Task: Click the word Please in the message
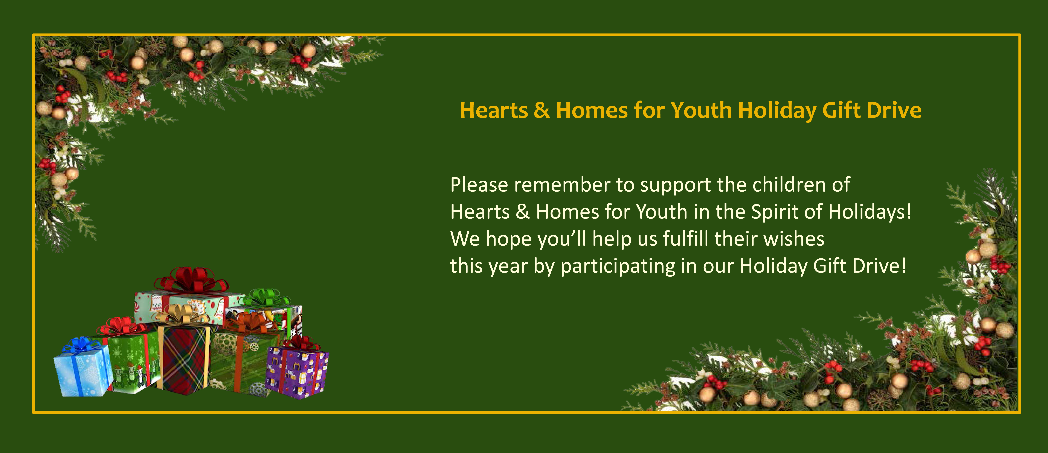pyautogui.click(x=479, y=185)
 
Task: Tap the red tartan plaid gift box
pyautogui.click(x=184, y=358)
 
